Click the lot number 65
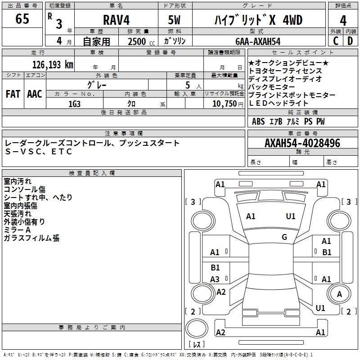point(22,18)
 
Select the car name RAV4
point(117,20)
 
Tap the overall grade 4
point(343,21)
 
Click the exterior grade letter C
point(336,41)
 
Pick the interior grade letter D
point(350,41)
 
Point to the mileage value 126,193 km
point(53,65)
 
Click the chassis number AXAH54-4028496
point(302,143)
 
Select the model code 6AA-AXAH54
point(258,41)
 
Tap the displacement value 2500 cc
point(141,42)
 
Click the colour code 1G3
point(74,104)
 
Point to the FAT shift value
point(13,94)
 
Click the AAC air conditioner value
point(35,94)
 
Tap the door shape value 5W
point(174,20)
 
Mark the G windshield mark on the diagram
point(284,237)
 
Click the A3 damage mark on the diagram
point(215,279)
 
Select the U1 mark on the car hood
point(291,216)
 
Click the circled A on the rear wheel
point(339,294)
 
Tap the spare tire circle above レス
point(197,328)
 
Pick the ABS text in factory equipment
point(258,121)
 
